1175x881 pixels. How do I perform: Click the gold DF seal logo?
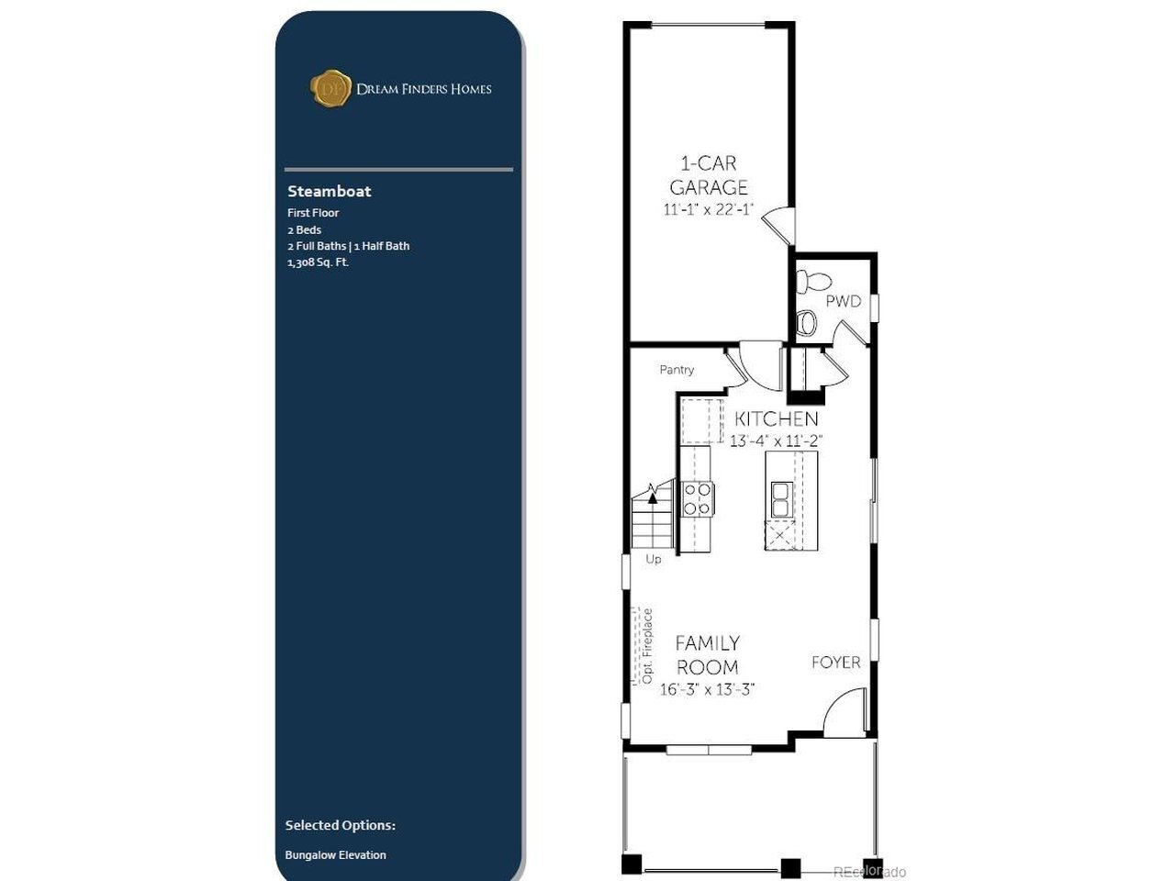(x=330, y=88)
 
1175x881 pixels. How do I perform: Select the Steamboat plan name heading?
(x=330, y=191)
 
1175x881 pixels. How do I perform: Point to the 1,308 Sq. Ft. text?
(x=318, y=262)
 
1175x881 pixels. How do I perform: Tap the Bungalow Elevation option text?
(x=336, y=854)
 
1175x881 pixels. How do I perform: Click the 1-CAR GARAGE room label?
(x=708, y=175)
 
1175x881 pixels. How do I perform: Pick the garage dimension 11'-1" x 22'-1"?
(x=708, y=209)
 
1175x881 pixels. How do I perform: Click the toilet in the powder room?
(x=812, y=282)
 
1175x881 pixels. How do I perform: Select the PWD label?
(x=843, y=301)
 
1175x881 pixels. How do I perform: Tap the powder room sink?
(x=806, y=322)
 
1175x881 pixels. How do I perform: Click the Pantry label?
(x=677, y=370)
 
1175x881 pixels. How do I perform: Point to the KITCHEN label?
(x=777, y=418)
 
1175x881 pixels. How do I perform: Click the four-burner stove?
(x=698, y=498)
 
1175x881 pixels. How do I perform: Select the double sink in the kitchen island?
(x=780, y=499)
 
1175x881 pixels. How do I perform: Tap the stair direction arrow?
(x=653, y=496)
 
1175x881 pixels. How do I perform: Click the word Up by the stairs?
(x=654, y=560)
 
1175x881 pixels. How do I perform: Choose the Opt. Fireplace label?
(x=648, y=646)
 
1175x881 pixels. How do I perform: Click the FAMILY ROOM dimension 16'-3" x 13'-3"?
(x=707, y=689)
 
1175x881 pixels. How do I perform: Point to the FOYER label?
(x=835, y=663)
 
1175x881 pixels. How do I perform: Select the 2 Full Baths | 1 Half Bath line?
(x=349, y=246)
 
